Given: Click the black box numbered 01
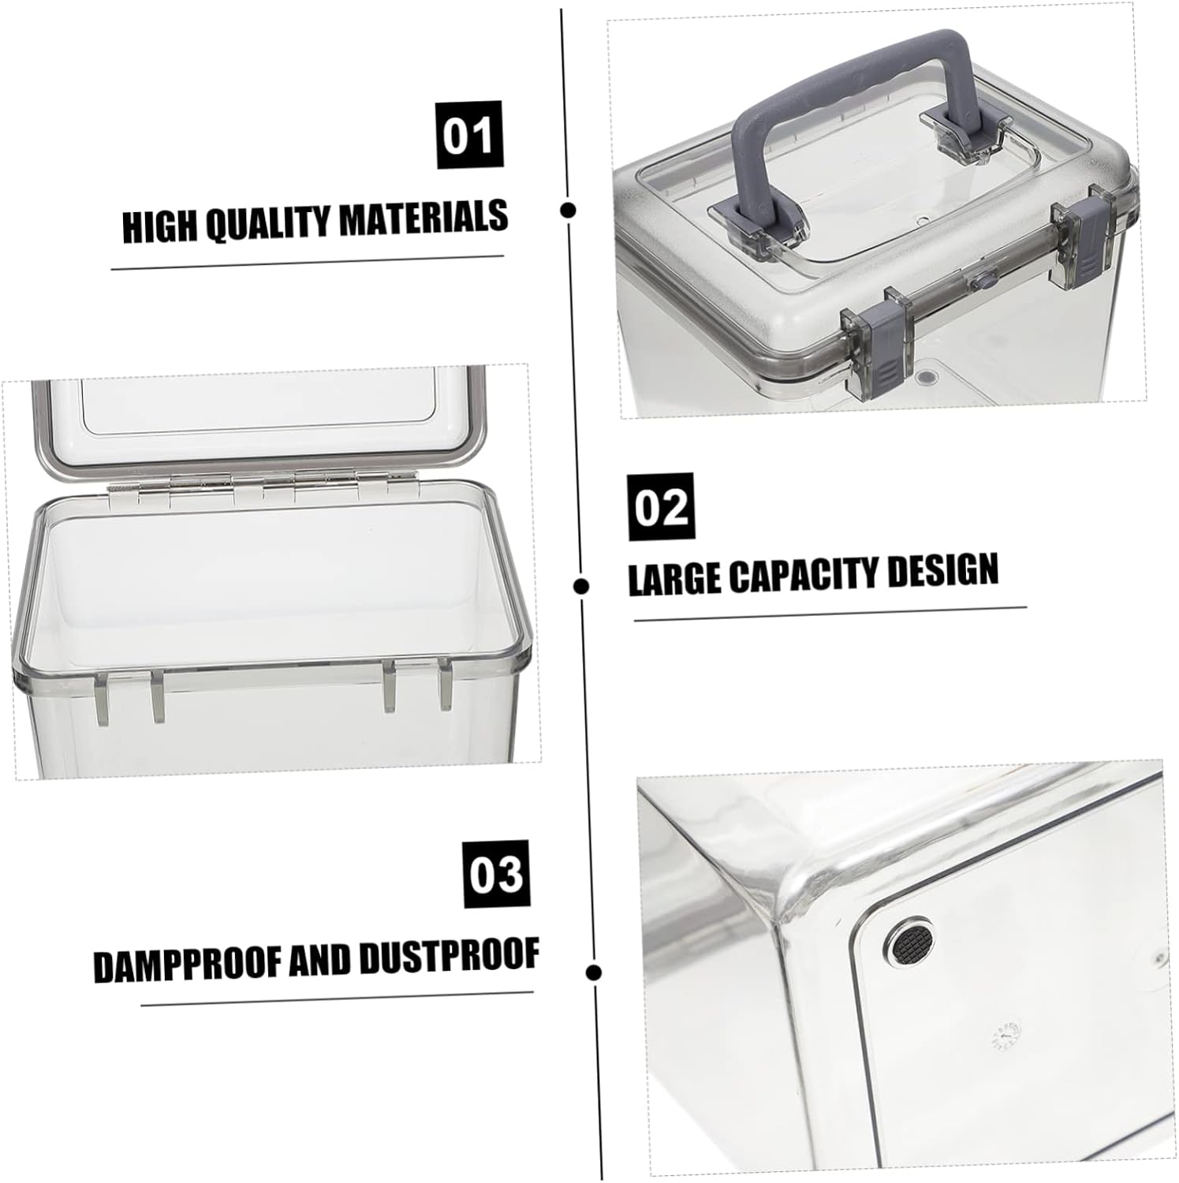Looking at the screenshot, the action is tap(469, 135).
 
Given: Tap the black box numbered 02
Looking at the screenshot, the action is tap(661, 506).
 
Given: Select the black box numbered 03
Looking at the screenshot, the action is tap(496, 873).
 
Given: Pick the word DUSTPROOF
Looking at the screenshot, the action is tap(449, 956).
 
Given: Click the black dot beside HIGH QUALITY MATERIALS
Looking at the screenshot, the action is tap(568, 210).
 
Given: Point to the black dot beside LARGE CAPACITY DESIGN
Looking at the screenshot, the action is tap(582, 586).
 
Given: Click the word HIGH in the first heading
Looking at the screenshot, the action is tap(161, 227).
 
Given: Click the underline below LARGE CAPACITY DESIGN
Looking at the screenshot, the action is tap(830, 614).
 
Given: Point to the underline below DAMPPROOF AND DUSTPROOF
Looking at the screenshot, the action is tap(338, 998).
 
